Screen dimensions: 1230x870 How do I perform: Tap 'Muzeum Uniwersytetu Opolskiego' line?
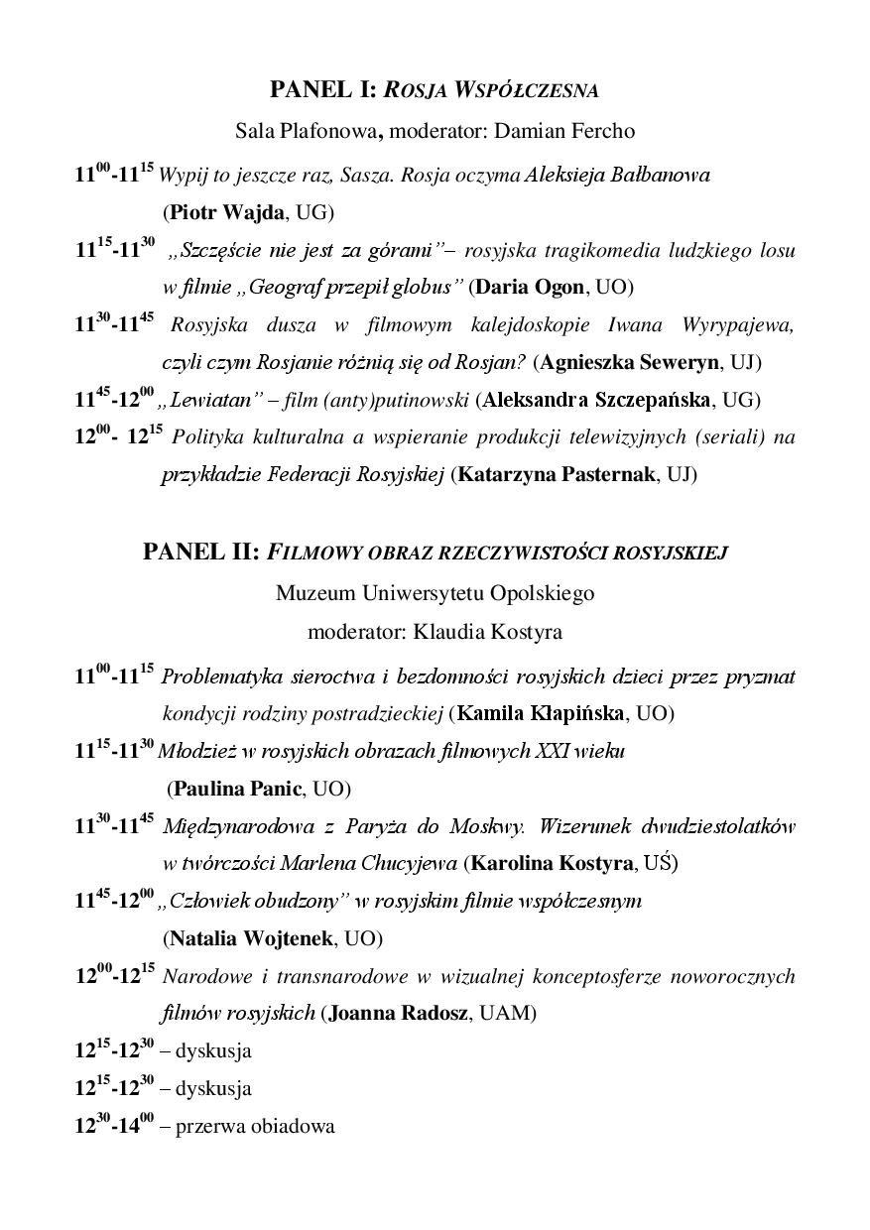click(x=435, y=593)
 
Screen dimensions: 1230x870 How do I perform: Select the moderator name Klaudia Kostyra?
click(x=488, y=631)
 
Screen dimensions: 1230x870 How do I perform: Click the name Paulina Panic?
click(x=237, y=790)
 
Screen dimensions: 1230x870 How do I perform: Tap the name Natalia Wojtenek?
click(x=252, y=938)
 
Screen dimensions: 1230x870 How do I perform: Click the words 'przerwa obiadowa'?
click(x=255, y=1126)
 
